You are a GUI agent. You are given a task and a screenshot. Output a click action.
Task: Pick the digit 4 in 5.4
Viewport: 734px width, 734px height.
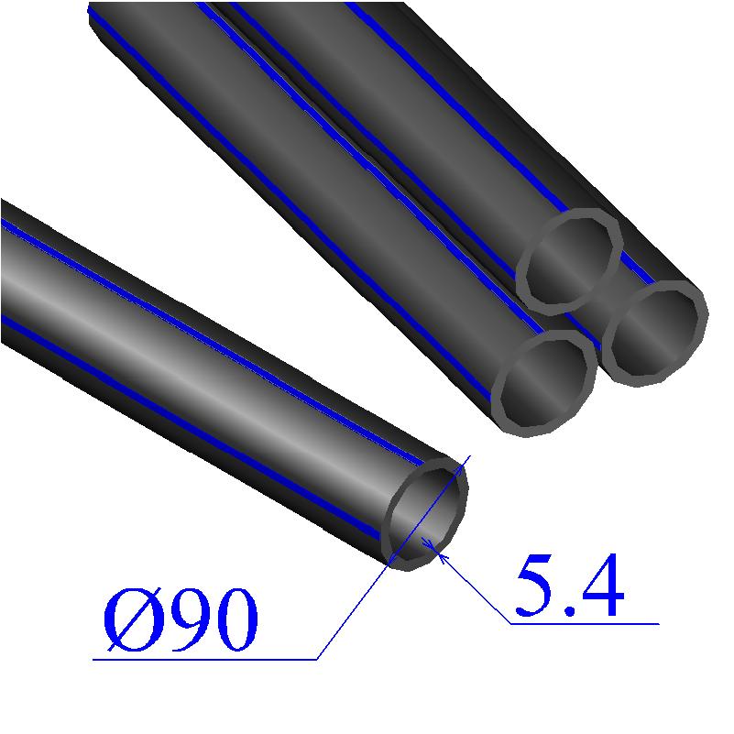[599, 587]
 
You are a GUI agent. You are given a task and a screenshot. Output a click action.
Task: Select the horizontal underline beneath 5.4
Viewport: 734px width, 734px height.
[586, 624]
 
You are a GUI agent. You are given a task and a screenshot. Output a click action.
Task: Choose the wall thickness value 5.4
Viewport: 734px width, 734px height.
[568, 587]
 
